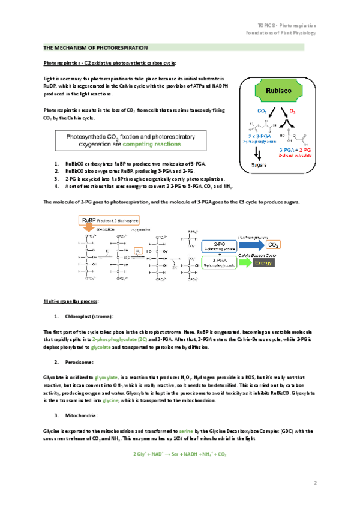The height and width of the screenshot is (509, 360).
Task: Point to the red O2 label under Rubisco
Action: [x=292, y=112]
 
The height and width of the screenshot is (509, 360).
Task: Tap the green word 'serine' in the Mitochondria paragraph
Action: [x=184, y=431]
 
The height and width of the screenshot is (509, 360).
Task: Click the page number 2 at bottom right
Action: [x=315, y=483]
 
